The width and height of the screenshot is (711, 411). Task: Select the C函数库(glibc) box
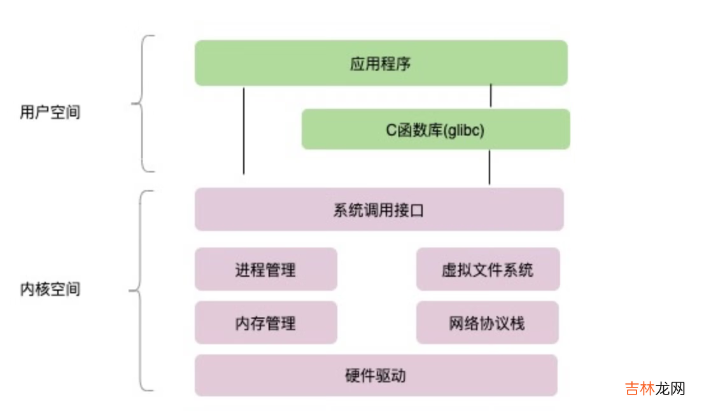435,129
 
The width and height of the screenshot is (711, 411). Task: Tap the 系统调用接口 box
379,209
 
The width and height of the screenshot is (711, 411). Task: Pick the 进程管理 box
265,269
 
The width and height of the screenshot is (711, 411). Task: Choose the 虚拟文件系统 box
488,269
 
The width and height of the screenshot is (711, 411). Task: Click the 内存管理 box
265,323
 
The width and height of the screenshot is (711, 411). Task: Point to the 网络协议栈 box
487,323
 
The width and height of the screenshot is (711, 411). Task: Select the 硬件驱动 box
376,375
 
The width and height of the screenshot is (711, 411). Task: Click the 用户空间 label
50,113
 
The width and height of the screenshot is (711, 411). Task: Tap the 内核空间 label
50,289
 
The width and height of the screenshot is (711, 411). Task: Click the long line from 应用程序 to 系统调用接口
244,130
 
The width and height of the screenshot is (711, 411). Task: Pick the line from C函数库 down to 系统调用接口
489,167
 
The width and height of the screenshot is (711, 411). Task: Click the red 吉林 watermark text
640,389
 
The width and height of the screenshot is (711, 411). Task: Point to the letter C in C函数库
391,130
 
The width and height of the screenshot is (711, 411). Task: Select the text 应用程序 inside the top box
380,64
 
